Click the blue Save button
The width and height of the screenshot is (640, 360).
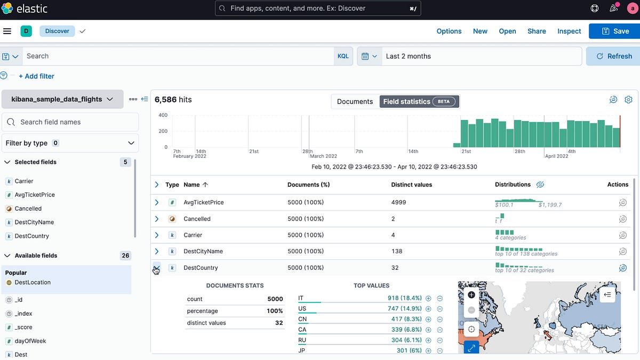614,31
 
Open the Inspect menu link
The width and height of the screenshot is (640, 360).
569,31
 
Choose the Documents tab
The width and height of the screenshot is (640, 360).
355,101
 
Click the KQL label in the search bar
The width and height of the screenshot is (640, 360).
343,56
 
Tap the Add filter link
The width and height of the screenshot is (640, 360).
36,76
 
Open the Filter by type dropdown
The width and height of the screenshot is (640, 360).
70,143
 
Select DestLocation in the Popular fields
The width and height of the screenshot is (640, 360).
33,282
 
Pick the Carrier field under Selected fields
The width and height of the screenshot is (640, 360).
24,181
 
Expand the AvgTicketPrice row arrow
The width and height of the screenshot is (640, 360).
157,202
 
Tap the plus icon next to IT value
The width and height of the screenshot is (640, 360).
428,299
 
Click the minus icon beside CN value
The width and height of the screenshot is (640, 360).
439,319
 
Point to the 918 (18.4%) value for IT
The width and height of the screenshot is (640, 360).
404,298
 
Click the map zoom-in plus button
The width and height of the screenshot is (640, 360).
471,294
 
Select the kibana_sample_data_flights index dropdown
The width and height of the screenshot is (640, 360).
62,99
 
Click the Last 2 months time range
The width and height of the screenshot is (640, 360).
409,56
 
